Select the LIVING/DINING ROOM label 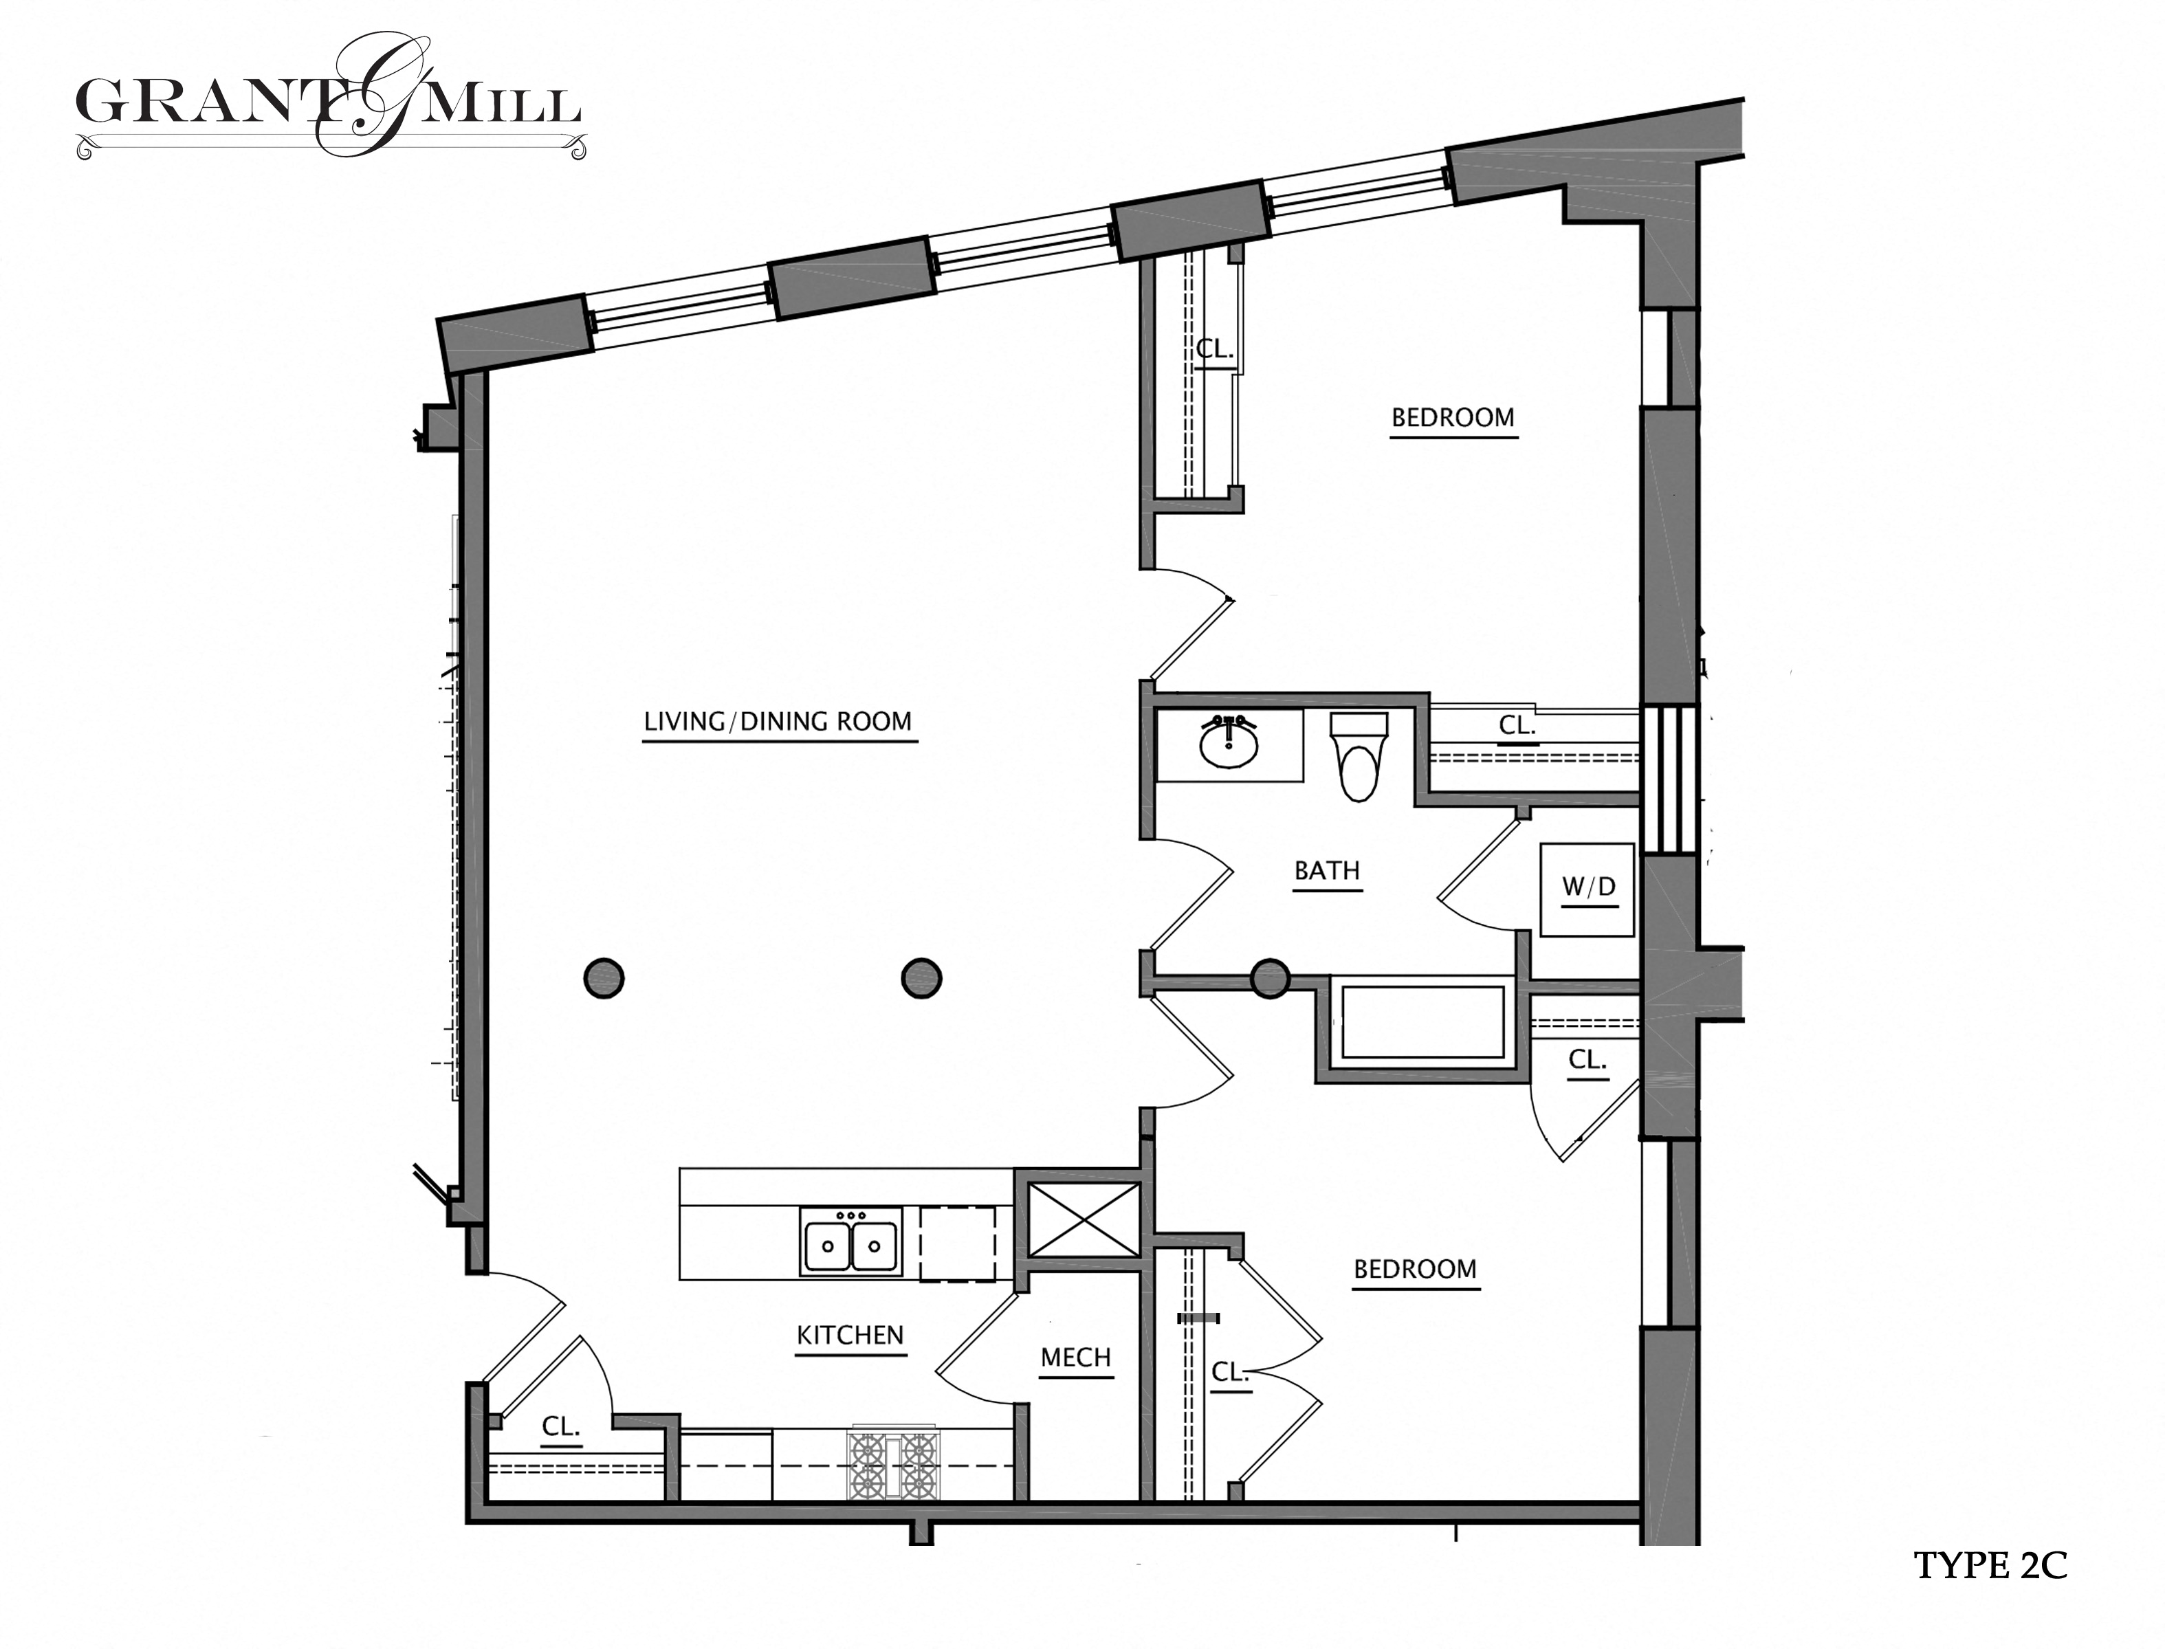click(778, 722)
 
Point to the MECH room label click(1075, 1358)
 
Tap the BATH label click(1326, 871)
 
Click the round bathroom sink click(1229, 744)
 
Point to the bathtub click(1422, 1023)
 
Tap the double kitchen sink click(850, 1246)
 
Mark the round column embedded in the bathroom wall click(1270, 979)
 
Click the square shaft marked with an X click(1083, 1220)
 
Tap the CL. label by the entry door click(560, 1427)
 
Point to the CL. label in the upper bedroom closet click(1213, 348)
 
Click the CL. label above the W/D click(1516, 727)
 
